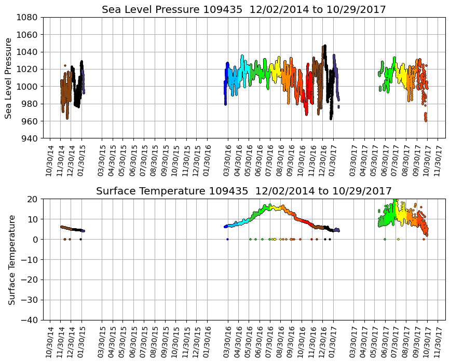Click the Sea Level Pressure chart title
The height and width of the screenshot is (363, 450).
243,10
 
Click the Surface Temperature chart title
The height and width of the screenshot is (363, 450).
243,191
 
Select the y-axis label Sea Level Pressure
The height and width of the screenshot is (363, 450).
9,78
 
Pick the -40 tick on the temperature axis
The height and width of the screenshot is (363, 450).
29,320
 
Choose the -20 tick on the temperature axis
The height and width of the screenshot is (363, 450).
29,280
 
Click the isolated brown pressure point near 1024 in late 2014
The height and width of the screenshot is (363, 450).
65,66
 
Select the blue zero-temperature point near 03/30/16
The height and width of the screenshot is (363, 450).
227,239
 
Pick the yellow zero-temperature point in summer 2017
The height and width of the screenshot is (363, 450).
398,239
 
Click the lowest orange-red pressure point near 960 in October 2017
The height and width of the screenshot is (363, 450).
426,120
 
